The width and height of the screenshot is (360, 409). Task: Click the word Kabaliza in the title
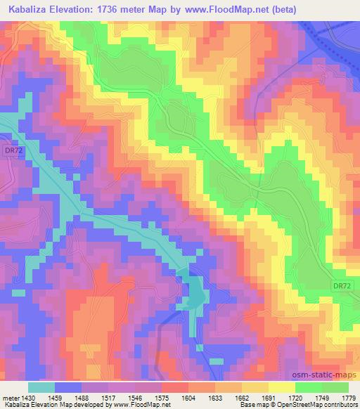(x=28, y=10)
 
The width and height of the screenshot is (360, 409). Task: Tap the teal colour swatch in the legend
(x=41, y=387)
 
